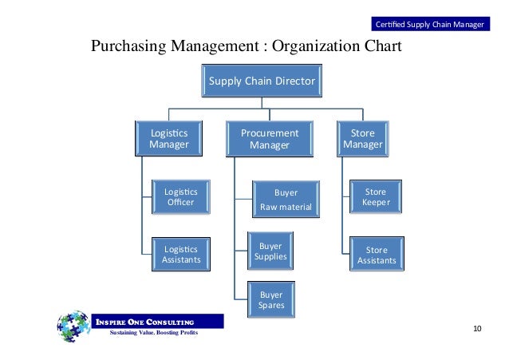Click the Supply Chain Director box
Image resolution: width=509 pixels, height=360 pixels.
click(x=262, y=82)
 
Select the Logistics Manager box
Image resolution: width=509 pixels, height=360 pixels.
click(x=168, y=139)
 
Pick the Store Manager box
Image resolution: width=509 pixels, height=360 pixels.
click(x=362, y=139)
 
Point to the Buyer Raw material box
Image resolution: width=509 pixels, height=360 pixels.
click(x=285, y=200)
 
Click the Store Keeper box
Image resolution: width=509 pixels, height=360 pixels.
click(x=375, y=197)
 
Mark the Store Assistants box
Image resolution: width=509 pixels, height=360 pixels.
click(x=376, y=255)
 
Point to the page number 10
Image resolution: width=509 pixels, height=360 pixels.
click(x=478, y=329)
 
